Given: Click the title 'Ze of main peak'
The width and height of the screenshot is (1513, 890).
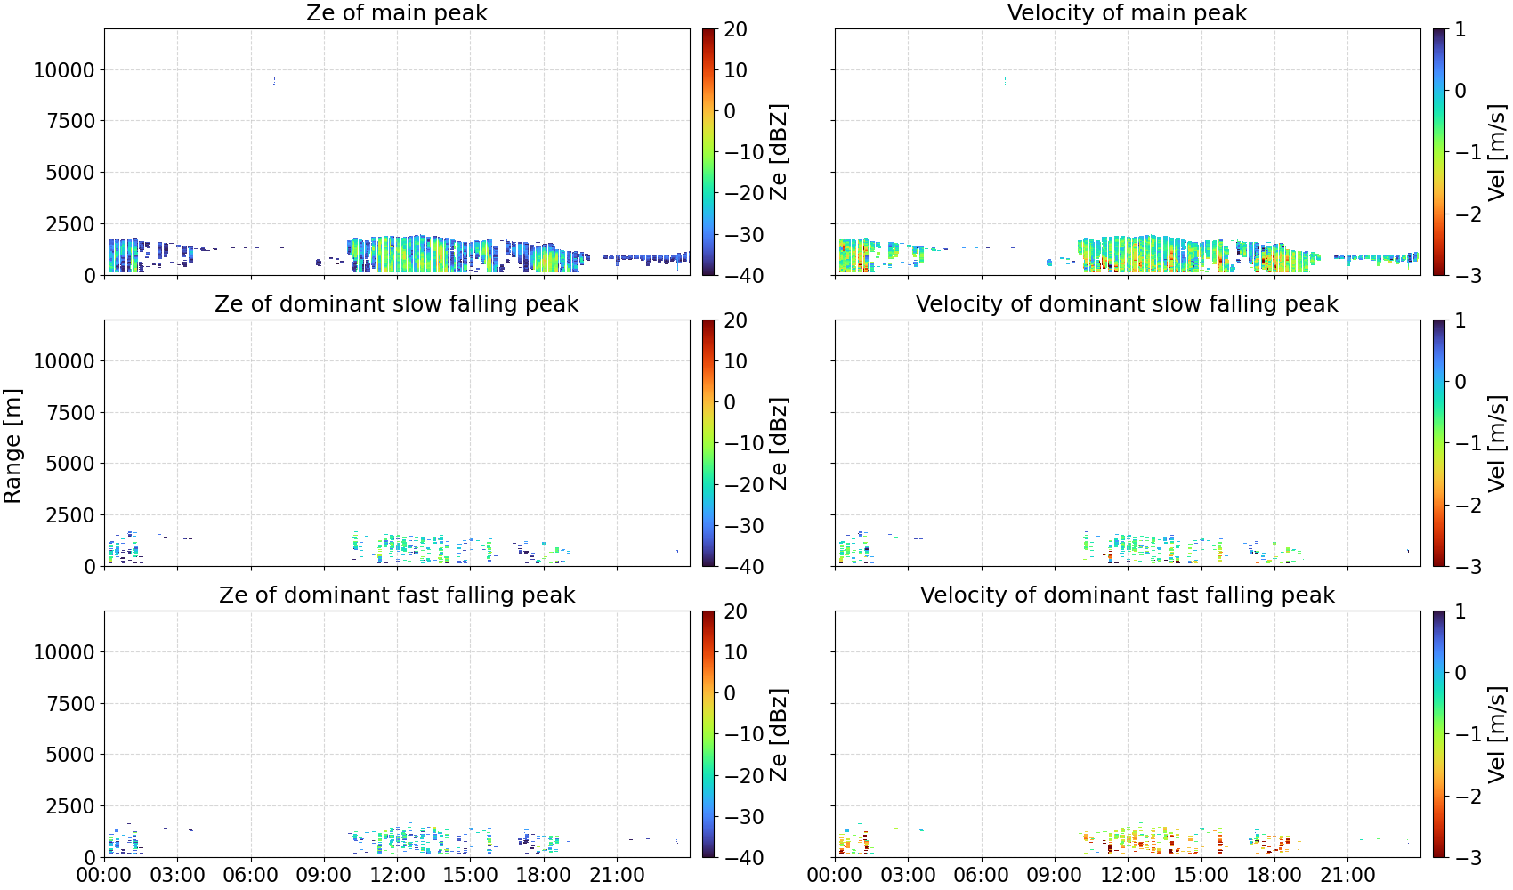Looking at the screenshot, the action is click(396, 12).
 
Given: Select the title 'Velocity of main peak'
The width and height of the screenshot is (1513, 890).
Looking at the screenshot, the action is click(1128, 12).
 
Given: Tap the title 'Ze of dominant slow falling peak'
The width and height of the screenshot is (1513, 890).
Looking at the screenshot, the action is click(396, 303).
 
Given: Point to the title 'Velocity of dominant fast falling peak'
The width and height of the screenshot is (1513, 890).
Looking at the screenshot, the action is click(1128, 595).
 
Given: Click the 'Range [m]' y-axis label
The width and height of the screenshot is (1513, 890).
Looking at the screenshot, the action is click(12, 446).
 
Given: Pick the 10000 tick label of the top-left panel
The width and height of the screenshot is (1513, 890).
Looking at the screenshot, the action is click(64, 69).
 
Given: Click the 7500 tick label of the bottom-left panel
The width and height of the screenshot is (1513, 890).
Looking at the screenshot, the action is click(70, 704).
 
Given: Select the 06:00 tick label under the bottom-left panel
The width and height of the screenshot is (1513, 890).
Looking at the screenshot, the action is click(251, 876).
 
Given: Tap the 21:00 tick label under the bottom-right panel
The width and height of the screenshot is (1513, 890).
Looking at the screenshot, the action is click(1347, 876).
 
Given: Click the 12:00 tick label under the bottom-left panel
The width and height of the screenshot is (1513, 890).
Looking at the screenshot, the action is click(397, 876).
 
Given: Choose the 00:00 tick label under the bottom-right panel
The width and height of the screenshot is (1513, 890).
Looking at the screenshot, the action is click(836, 876).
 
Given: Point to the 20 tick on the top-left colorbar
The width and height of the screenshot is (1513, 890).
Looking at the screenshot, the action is click(735, 29).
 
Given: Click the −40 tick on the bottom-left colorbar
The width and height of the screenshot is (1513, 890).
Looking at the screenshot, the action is click(741, 858).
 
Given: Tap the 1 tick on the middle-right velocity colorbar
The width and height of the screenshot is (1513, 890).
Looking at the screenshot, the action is click(1460, 320).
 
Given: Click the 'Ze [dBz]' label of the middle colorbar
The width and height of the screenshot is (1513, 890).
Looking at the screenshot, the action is click(778, 443).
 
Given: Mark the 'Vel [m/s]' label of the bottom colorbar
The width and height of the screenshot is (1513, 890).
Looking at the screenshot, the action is click(1496, 734).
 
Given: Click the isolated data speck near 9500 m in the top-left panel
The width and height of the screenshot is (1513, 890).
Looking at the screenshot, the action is click(274, 81).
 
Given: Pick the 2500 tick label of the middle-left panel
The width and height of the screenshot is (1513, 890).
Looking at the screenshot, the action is click(70, 515).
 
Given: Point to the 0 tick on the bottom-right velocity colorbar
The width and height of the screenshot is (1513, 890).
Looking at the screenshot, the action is click(1460, 673).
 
